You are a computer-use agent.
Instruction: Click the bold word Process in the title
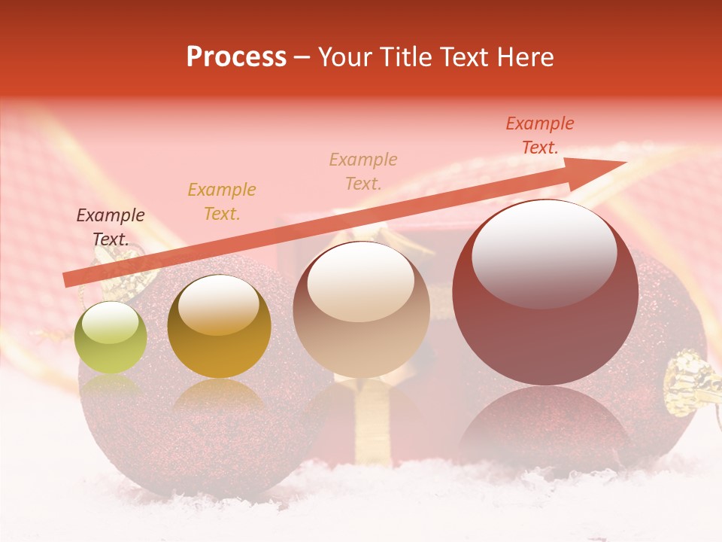236,57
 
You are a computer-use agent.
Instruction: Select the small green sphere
111,337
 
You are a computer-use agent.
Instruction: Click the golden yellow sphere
219,326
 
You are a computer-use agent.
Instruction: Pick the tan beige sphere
361,309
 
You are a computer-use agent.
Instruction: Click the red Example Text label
540,135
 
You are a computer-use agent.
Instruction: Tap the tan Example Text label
363,171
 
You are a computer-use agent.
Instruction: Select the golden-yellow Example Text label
222,201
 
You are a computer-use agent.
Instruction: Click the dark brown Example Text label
111,227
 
